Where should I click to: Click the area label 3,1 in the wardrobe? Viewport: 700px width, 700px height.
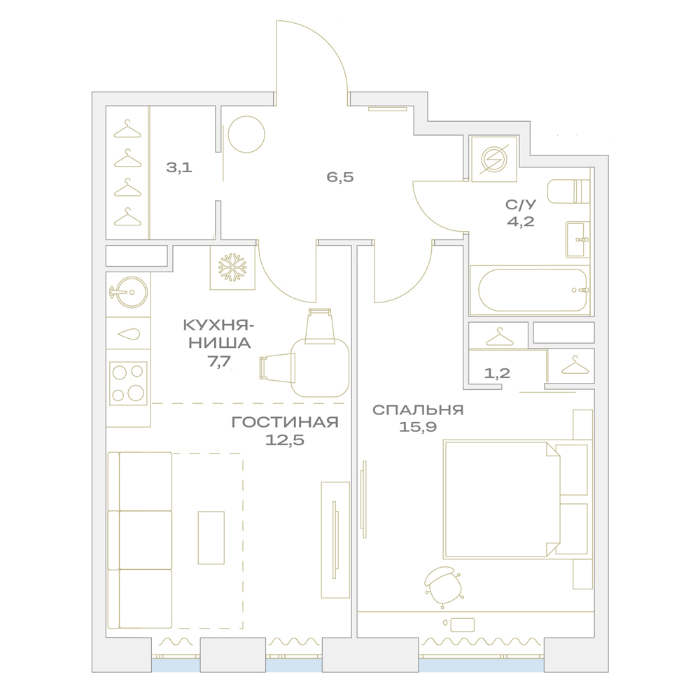click(x=179, y=167)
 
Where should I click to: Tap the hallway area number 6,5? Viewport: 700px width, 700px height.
click(x=339, y=177)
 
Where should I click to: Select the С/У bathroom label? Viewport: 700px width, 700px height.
click(x=521, y=204)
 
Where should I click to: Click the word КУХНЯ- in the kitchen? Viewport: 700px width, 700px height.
click(x=218, y=325)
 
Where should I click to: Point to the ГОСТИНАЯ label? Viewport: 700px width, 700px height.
click(x=285, y=422)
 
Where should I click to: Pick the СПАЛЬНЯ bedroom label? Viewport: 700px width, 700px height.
click(x=418, y=409)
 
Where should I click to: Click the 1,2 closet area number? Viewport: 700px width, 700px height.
click(x=497, y=373)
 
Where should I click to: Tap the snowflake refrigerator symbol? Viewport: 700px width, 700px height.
click(x=232, y=267)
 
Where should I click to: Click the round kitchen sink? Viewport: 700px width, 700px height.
click(x=132, y=292)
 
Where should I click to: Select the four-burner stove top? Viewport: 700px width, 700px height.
click(x=129, y=384)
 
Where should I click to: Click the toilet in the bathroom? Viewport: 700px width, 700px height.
click(x=568, y=192)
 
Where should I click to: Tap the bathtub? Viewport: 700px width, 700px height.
click(x=532, y=290)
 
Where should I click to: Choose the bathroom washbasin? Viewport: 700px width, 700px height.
click(x=578, y=239)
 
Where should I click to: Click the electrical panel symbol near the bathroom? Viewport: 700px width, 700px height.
click(x=493, y=160)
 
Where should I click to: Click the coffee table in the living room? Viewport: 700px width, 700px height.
click(x=211, y=538)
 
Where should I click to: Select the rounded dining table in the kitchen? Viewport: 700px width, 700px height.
click(x=320, y=368)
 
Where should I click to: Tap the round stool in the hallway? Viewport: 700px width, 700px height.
click(x=246, y=134)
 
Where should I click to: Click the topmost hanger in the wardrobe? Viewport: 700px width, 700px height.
click(x=127, y=129)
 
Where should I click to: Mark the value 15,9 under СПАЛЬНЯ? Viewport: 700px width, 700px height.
click(x=417, y=428)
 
